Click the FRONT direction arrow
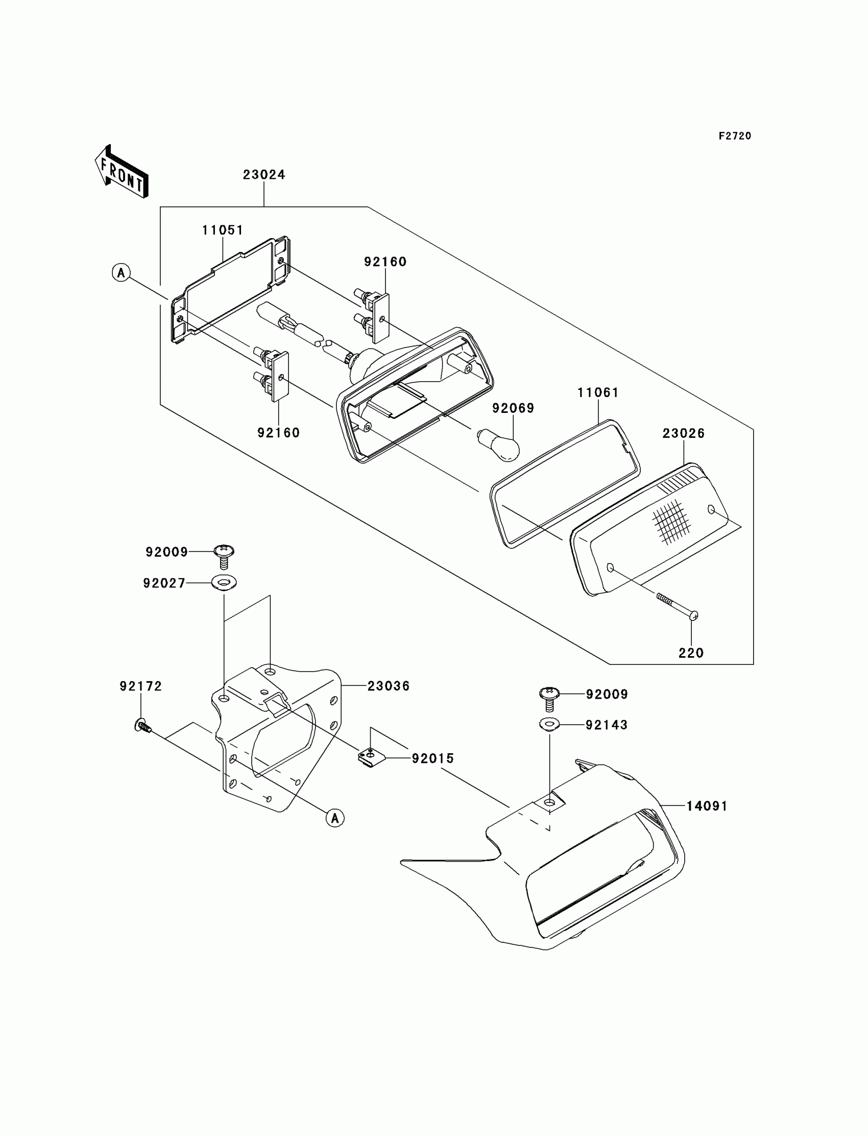pos(122,172)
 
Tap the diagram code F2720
pos(735,136)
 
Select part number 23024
pos(264,175)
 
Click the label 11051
pos(222,230)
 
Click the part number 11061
pos(598,392)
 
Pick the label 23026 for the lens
pos(684,433)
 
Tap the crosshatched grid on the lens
pos(671,522)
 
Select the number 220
pos(691,653)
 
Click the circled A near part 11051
pos(122,272)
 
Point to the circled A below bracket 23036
pos(335,818)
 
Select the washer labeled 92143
pos(549,725)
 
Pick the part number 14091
pos(707,806)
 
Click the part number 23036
pos(388,686)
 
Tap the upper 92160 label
pos(385,262)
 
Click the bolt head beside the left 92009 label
pos(224,551)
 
